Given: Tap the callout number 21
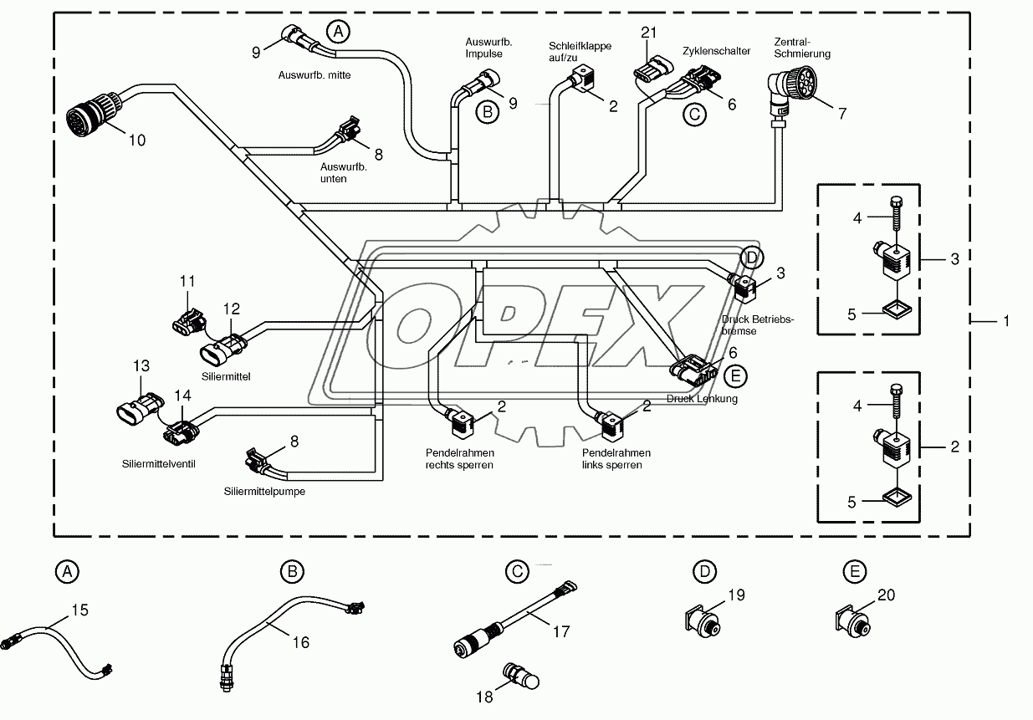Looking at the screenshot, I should pyautogui.click(x=650, y=33).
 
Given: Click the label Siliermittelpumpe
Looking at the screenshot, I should pyautogui.click(x=264, y=492).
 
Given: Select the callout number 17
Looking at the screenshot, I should pyautogui.click(x=561, y=631).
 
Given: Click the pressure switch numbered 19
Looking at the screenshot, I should pyautogui.click(x=702, y=621).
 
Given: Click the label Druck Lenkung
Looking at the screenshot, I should pyautogui.click(x=702, y=399).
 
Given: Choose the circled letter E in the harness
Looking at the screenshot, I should pyautogui.click(x=736, y=377).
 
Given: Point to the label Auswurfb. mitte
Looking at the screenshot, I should pyautogui.click(x=315, y=74).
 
